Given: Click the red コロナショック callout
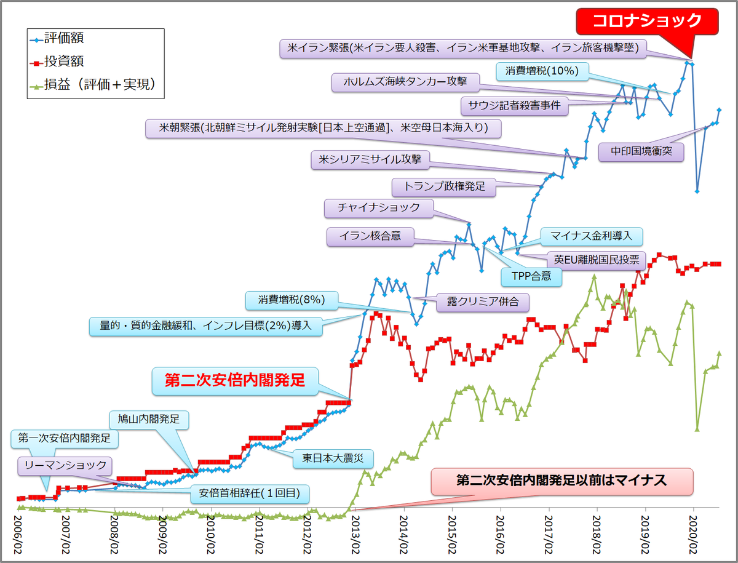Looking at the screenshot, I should click(646, 22).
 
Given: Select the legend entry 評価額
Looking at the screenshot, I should click(68, 38).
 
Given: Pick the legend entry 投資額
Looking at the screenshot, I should click(68, 62).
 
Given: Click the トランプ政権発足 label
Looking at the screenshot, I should click(443, 186).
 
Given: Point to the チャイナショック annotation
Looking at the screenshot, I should click(379, 207).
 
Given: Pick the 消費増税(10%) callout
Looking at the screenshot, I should click(542, 71).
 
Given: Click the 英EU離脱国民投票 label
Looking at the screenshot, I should click(596, 259).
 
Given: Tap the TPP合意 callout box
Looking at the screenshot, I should click(531, 277).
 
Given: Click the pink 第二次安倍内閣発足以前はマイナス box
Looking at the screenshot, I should click(561, 481).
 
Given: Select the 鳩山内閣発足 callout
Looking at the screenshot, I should click(148, 420).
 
